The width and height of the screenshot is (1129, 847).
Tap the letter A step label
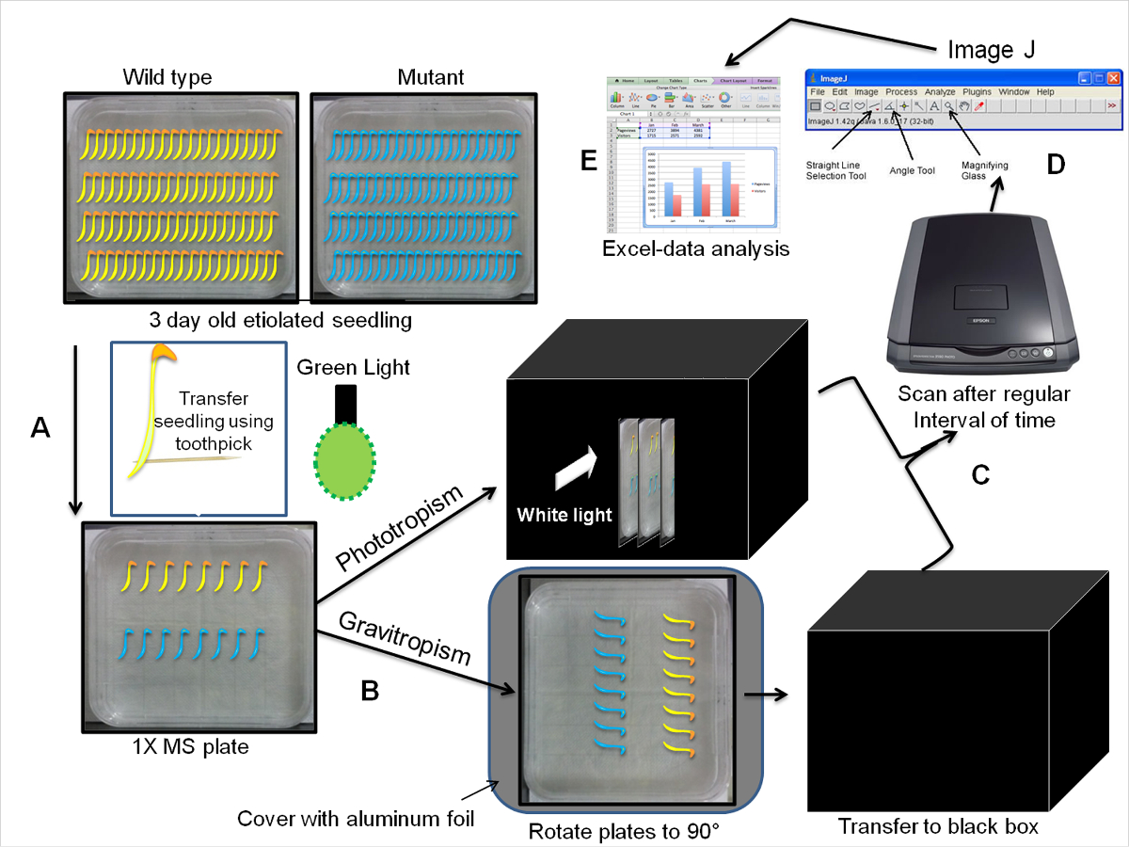40,428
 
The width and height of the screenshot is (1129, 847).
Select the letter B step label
371,691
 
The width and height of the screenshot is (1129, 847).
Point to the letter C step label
979,475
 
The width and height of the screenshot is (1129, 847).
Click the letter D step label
1056,164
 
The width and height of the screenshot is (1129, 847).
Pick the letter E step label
589,161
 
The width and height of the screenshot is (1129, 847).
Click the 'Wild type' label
167,76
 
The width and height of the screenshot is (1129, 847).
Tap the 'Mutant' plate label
430,76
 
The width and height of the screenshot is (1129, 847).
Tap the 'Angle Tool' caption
912,170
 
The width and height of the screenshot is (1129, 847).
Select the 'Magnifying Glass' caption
984,170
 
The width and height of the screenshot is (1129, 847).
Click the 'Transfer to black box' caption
938,827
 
